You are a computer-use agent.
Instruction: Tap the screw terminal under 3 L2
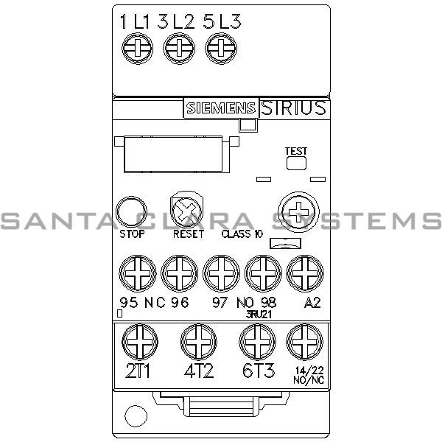point(177,49)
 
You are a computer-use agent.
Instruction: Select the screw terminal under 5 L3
point(218,49)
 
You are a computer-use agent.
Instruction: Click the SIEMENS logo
point(220,108)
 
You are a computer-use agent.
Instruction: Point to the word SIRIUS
point(293,108)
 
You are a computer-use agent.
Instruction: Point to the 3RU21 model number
point(260,312)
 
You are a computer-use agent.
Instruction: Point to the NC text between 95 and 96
point(155,302)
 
